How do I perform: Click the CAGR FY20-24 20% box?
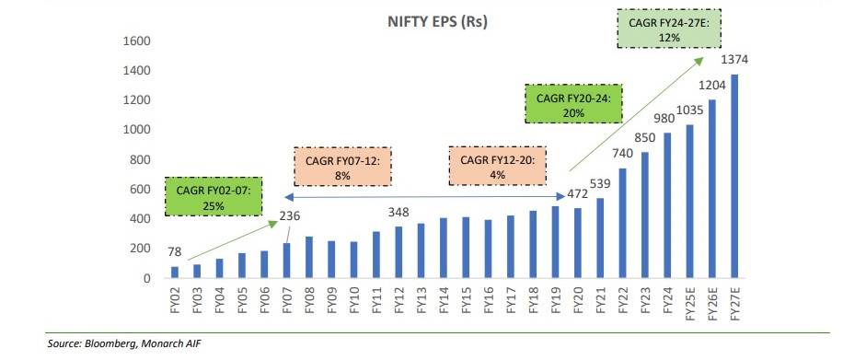tap(573, 102)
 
